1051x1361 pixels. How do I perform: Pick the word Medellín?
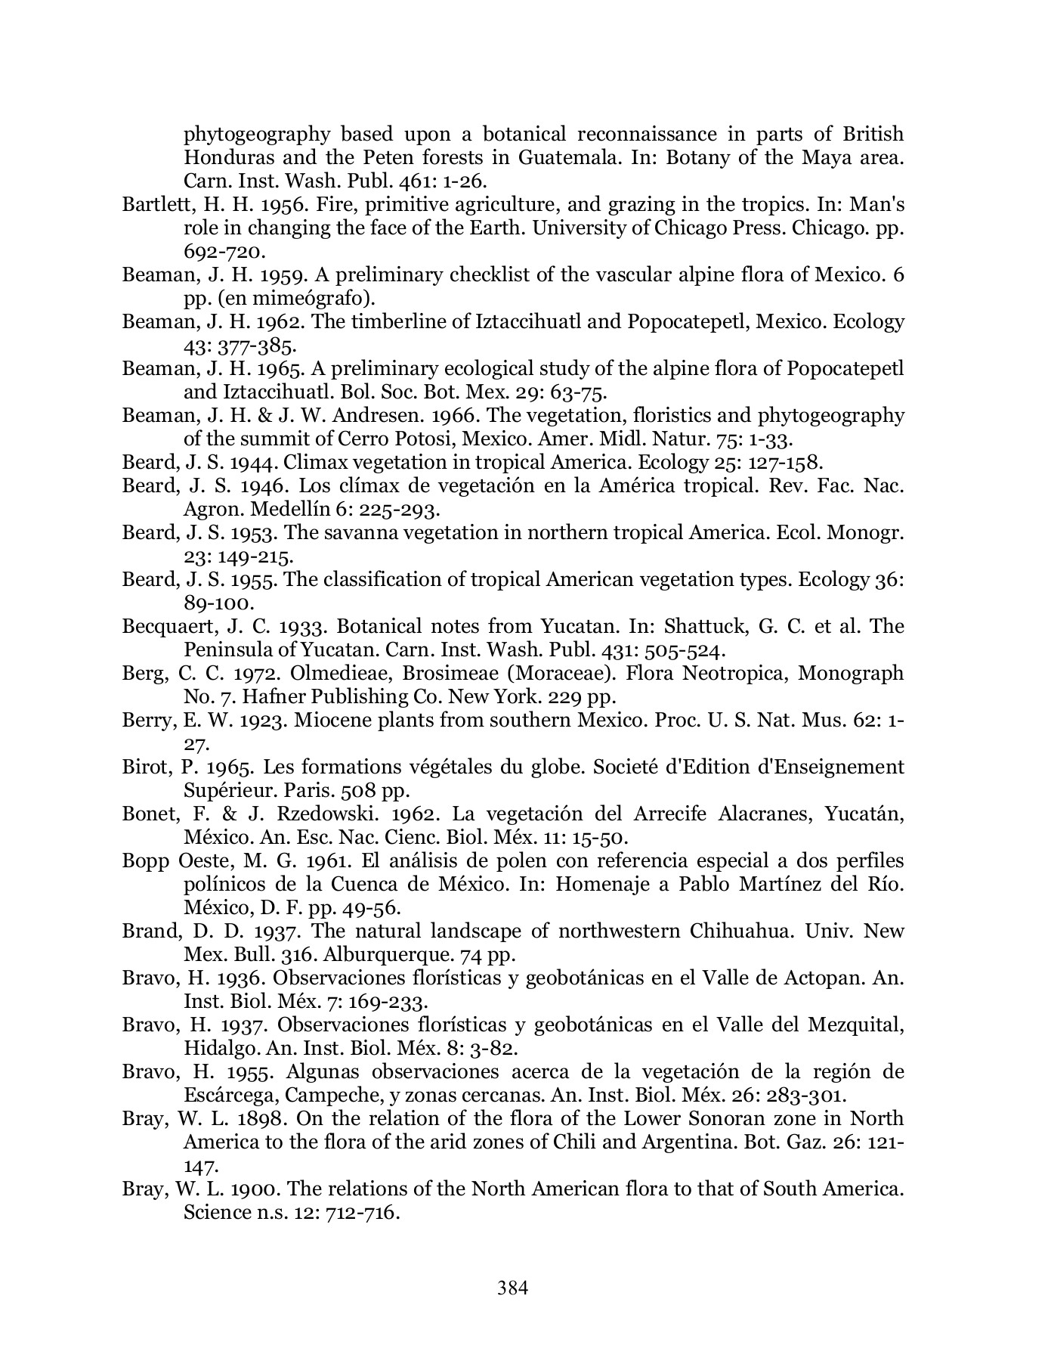pos(283,509)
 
